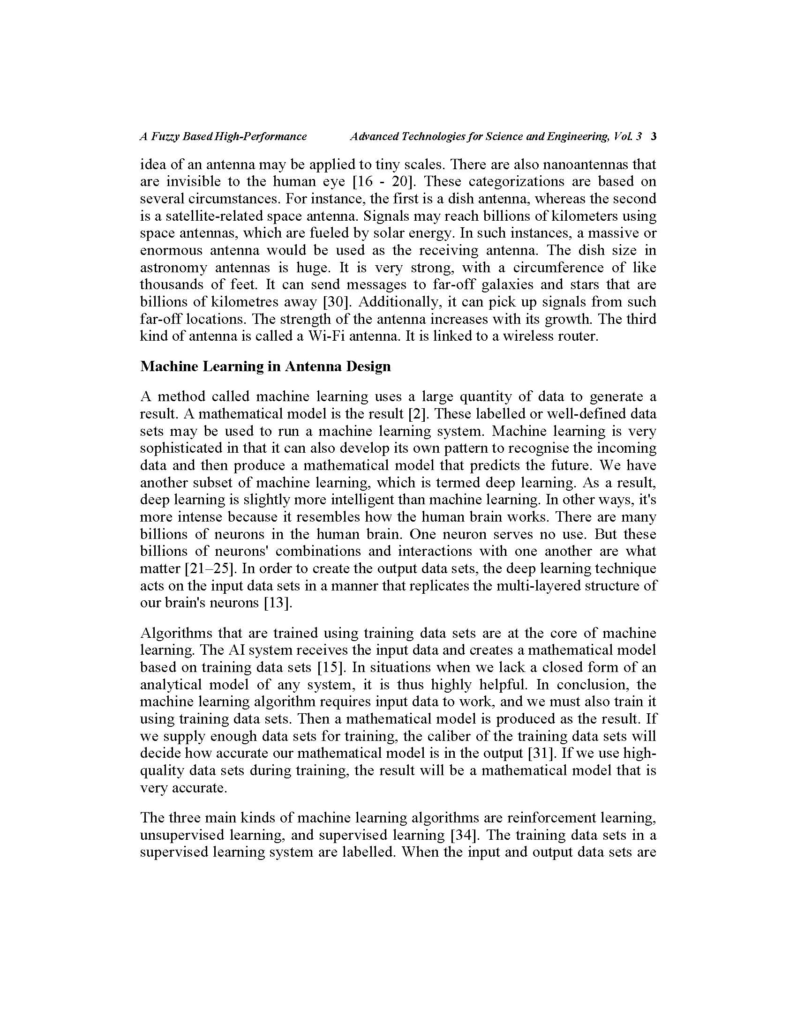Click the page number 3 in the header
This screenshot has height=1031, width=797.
[654, 137]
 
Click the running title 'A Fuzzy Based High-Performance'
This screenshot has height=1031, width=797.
[223, 137]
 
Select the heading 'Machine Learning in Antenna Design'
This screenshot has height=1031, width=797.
[265, 366]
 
